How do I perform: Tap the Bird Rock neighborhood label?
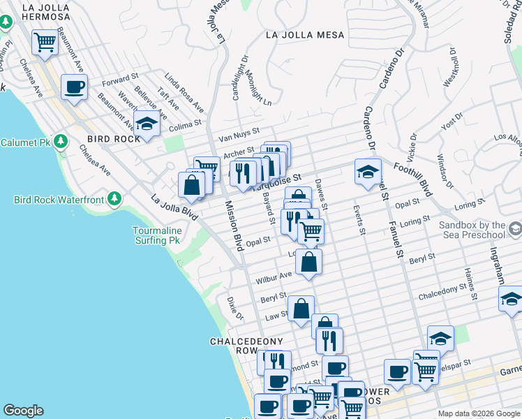[x=114, y=139]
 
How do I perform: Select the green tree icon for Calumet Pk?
[x=61, y=142]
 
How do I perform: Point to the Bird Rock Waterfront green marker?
[x=114, y=200]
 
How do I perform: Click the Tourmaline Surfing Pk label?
[x=158, y=235]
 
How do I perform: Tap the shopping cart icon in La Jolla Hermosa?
[x=45, y=41]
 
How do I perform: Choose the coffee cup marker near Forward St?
[x=75, y=87]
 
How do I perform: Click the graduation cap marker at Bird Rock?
[x=147, y=124]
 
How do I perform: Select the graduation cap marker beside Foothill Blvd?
[x=368, y=172]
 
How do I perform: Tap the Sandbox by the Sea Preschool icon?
[x=514, y=229]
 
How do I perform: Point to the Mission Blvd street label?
[x=233, y=226]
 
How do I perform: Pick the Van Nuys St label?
[x=238, y=131]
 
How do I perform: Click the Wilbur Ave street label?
[x=274, y=277]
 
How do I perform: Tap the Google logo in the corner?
[x=23, y=411]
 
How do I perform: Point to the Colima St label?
[x=185, y=124]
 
